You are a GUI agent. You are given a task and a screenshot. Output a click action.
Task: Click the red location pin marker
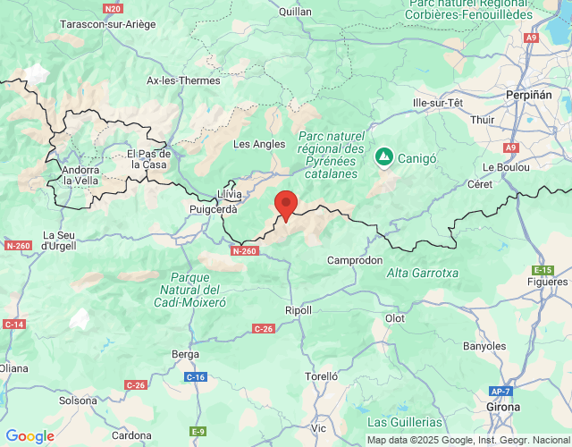(286, 205)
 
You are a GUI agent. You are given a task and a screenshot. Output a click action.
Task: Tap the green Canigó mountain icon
(383, 156)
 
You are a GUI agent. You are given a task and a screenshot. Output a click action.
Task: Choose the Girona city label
(503, 407)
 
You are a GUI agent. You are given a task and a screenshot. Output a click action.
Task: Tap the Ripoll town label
(299, 310)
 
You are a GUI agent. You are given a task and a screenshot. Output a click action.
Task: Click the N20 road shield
(113, 9)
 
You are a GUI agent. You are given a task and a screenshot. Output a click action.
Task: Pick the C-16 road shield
(196, 377)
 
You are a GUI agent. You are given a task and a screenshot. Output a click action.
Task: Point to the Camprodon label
(355, 260)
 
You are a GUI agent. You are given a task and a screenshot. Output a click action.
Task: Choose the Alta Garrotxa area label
(422, 273)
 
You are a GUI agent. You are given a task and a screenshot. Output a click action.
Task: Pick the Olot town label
(394, 318)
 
